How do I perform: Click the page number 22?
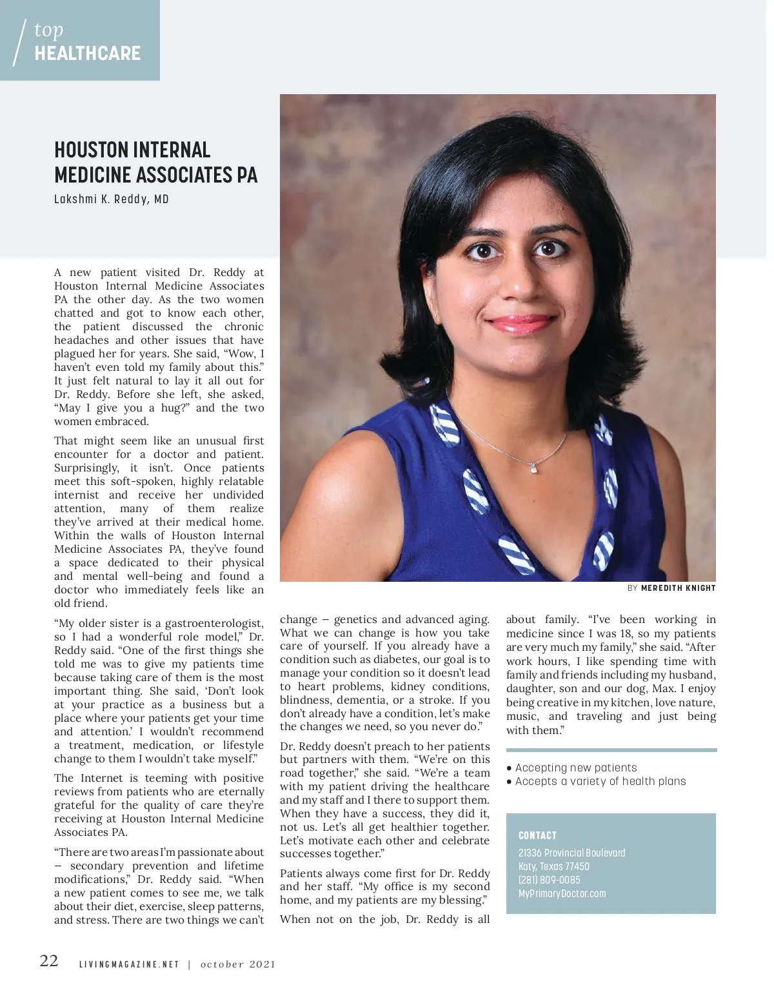(49, 961)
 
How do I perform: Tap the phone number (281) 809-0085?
(550, 880)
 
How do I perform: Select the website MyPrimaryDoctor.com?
(562, 893)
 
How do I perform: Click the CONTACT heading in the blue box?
(537, 835)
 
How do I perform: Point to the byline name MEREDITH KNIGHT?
(678, 588)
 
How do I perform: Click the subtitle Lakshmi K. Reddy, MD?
(112, 199)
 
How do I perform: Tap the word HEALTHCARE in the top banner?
(88, 54)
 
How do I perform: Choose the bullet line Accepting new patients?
(575, 768)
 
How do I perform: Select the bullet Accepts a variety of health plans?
(600, 781)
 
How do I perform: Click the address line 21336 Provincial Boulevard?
(571, 853)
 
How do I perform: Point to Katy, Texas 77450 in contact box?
(554, 866)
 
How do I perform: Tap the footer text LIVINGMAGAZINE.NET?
(129, 965)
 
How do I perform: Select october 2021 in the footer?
(238, 965)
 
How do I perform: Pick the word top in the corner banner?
(49, 30)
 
